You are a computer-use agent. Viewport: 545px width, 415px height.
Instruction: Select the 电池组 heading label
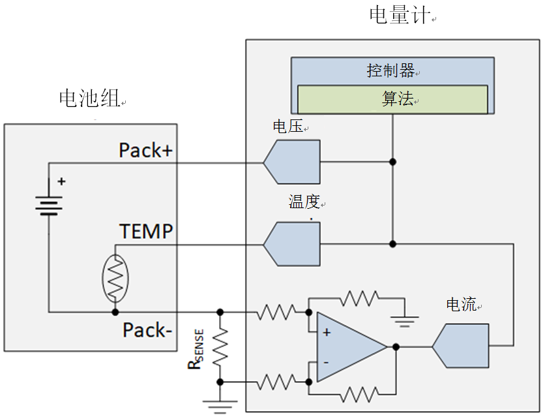(x=89, y=99)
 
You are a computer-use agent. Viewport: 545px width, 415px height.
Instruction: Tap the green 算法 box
(x=392, y=100)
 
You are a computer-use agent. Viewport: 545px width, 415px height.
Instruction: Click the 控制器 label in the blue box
(x=390, y=70)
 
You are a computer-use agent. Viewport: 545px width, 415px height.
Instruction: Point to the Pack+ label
(x=145, y=150)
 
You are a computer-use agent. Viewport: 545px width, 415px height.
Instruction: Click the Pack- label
(x=147, y=331)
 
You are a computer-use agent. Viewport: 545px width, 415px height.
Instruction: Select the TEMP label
(x=146, y=232)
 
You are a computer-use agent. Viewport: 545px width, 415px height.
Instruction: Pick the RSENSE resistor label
(x=196, y=349)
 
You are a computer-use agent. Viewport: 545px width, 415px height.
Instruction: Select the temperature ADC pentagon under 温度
(x=292, y=244)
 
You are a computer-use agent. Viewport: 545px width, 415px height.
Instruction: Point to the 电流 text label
(x=461, y=305)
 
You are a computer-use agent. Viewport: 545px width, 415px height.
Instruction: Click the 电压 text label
(x=287, y=127)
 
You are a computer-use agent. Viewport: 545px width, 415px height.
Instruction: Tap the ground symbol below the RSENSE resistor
(x=220, y=406)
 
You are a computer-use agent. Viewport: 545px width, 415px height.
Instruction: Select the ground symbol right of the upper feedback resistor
(x=404, y=320)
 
